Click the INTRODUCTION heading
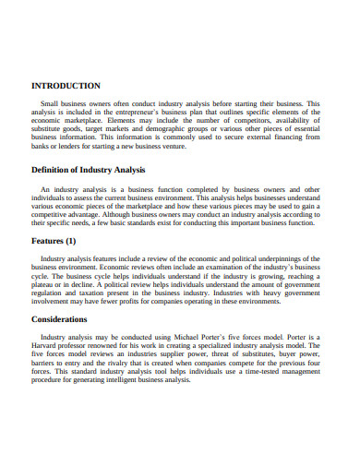tap(66, 85)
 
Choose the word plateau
tap(46, 286)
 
